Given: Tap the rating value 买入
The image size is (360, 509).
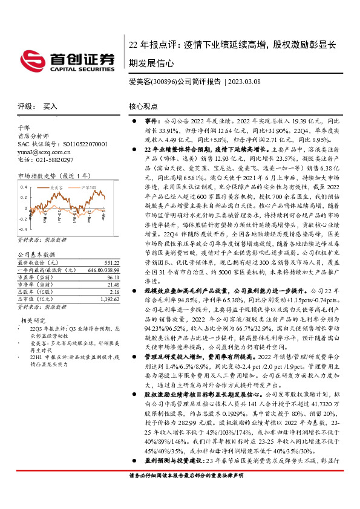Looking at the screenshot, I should (50, 105).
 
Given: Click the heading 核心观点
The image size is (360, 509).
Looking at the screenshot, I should (143, 105).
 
